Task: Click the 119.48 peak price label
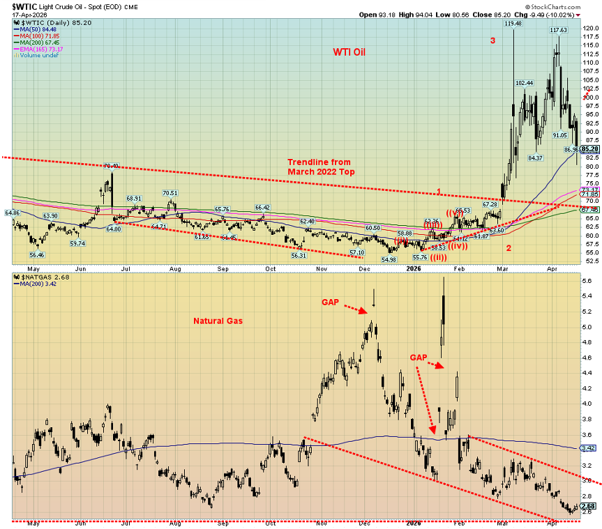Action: tap(513, 23)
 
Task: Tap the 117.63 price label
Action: tap(558, 30)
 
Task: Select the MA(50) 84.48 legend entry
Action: tap(42, 29)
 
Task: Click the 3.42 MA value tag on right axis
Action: tap(589, 449)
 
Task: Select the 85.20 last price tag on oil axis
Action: tap(590, 148)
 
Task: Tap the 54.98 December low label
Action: tap(388, 259)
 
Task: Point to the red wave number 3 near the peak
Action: tap(492, 40)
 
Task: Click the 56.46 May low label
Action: tap(38, 255)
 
